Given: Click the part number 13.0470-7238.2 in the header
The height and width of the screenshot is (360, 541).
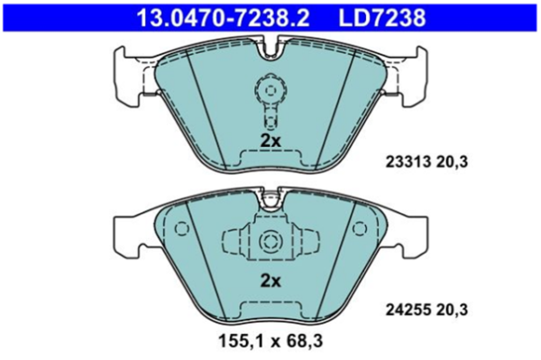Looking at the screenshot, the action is tap(223, 18).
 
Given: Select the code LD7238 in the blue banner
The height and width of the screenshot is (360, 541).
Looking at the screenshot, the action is tap(382, 18).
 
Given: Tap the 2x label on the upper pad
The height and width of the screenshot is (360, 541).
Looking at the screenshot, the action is tap(270, 141).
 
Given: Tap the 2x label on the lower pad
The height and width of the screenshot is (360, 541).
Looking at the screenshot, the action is tap(270, 282).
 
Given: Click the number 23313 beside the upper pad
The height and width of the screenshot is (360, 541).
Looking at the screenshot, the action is tap(408, 162).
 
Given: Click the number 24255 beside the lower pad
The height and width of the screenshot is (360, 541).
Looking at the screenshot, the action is tap(408, 309).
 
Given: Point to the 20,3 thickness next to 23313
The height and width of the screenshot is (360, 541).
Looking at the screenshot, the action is tap(452, 162).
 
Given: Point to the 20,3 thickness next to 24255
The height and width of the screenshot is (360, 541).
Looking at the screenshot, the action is tap(452, 309).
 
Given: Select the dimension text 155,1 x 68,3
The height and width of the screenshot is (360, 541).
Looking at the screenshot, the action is tap(270, 341).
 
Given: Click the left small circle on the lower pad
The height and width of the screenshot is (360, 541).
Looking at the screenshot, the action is tap(181, 228).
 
